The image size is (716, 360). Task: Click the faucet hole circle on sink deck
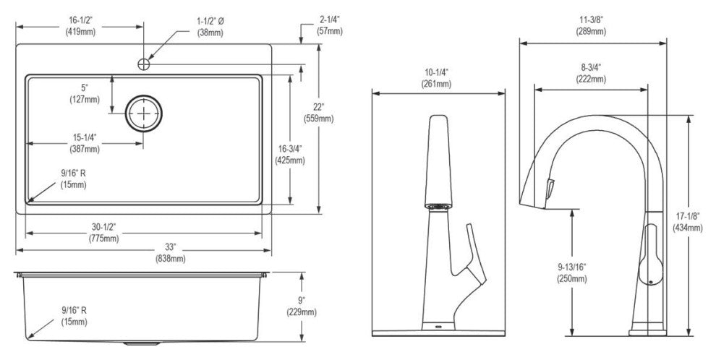[144, 64]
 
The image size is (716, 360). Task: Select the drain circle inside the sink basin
[144, 113]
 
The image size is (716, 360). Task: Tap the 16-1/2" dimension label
[81, 26]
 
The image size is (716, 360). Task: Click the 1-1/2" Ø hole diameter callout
[210, 27]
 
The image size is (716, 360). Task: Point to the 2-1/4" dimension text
[330, 25]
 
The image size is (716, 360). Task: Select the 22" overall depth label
[318, 113]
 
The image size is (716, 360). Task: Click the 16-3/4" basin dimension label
[290, 154]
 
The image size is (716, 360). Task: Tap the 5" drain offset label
[85, 93]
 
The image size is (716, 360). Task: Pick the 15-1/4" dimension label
[85, 143]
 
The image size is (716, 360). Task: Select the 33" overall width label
[171, 253]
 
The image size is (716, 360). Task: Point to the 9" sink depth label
[302, 307]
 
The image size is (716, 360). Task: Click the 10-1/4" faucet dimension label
[437, 78]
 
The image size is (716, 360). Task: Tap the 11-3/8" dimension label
[591, 25]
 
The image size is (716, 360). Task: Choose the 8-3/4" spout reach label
[591, 73]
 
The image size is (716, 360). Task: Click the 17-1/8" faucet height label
[688, 222]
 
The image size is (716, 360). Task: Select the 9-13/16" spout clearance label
[571, 273]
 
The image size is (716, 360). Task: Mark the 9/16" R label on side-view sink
[74, 316]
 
